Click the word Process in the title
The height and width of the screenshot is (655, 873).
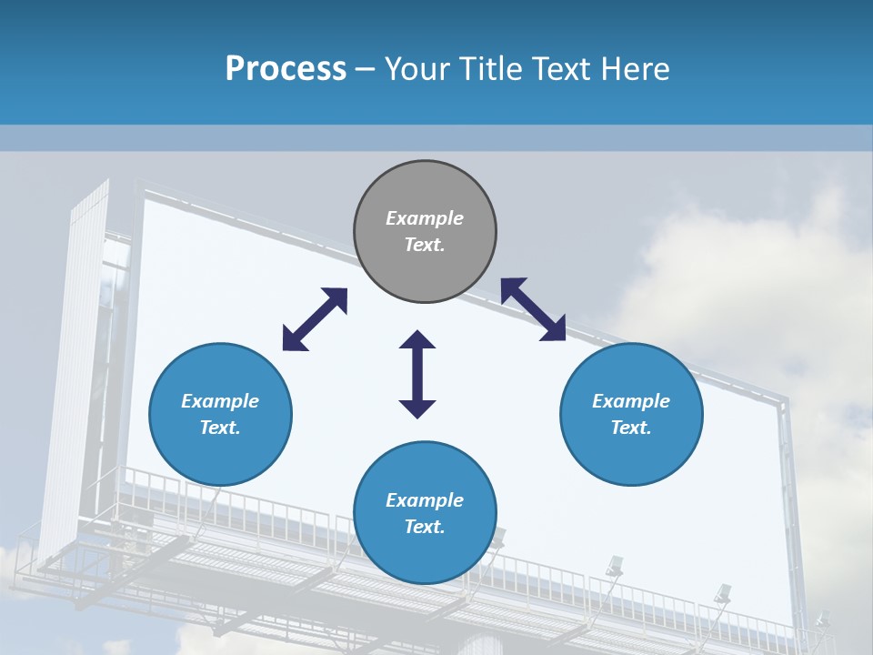[x=286, y=69]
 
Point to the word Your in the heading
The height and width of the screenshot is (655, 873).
[x=418, y=69]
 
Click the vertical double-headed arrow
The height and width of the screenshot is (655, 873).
[x=417, y=374]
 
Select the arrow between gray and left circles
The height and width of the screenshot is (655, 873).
[x=315, y=319]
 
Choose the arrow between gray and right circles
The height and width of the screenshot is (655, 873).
[x=533, y=309]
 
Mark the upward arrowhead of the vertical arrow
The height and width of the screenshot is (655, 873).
[x=417, y=340]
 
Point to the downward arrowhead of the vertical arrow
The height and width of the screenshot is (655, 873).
[x=417, y=408]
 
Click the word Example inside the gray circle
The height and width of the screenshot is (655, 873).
[x=425, y=218]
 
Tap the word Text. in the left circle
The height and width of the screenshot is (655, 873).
[x=220, y=428]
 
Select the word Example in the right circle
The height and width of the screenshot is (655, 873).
[x=631, y=401]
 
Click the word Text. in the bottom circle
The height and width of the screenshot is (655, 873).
[x=425, y=527]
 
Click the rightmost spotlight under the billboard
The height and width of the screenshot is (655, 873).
[x=821, y=620]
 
